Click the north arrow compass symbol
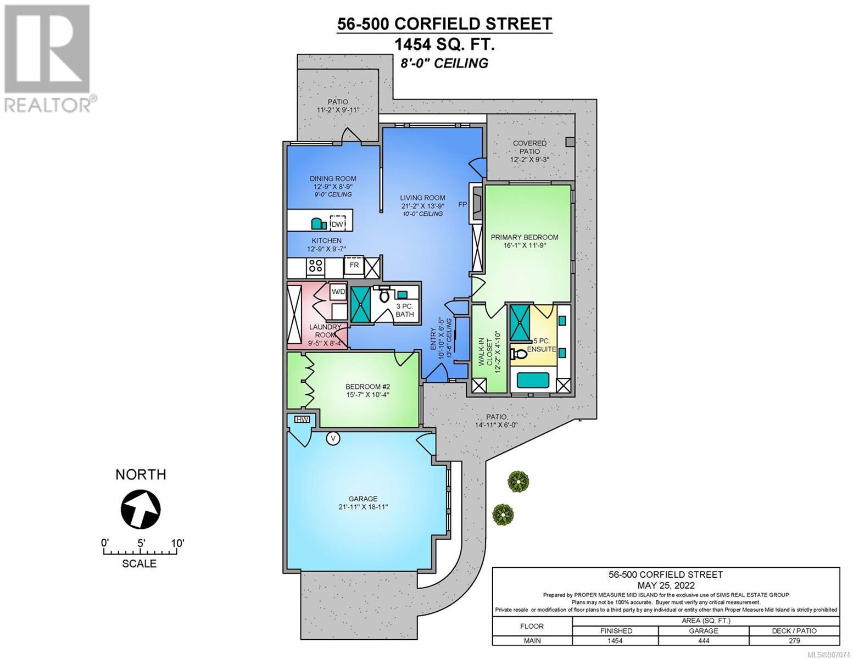pyautogui.click(x=141, y=510)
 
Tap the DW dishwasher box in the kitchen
pyautogui.click(x=337, y=224)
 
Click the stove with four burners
pyautogui.click(x=316, y=266)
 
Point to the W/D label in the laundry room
pyautogui.click(x=338, y=292)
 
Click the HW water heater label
pyautogui.click(x=302, y=420)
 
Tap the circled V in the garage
pyautogui.click(x=333, y=438)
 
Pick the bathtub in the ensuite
pyautogui.click(x=533, y=380)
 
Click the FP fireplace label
pyautogui.click(x=462, y=204)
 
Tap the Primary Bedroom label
pyautogui.click(x=525, y=237)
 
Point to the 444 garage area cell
pyautogui.click(x=704, y=640)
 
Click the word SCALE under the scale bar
pyautogui.click(x=140, y=563)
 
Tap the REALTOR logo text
pyautogui.click(x=47, y=105)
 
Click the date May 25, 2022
pyautogui.click(x=666, y=585)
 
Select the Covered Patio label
pyautogui.click(x=529, y=147)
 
